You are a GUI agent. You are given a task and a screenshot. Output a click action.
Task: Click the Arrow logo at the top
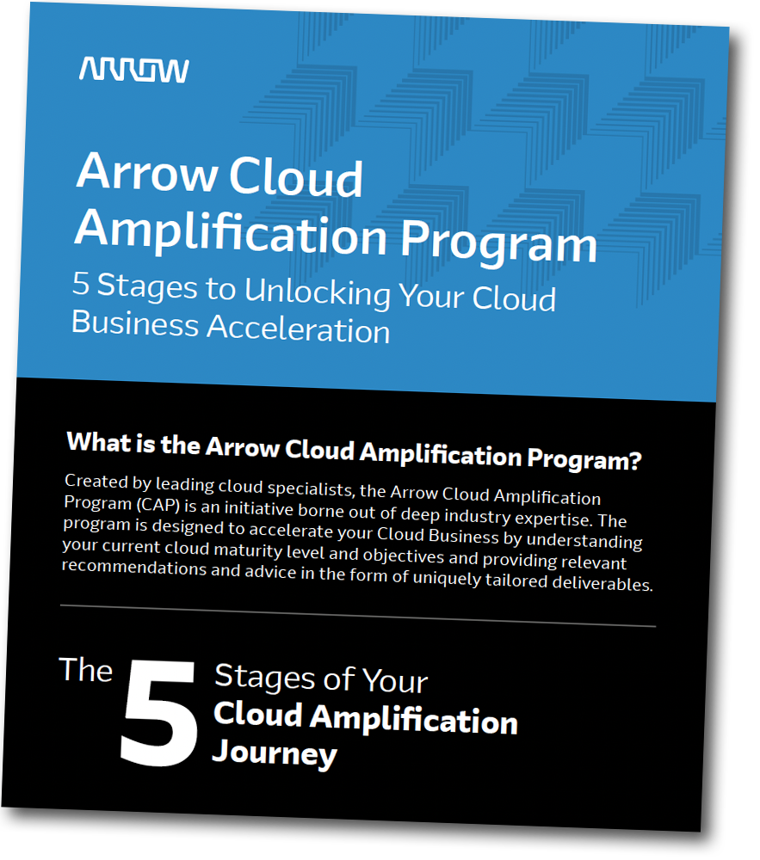pos(134,71)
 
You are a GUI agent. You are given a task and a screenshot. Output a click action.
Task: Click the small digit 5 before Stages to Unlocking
pos(81,283)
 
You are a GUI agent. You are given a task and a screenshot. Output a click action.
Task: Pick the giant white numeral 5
pos(159,712)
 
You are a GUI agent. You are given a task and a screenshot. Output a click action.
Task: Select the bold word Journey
pos(275,753)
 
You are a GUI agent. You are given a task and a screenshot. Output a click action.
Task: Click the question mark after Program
pos(635,461)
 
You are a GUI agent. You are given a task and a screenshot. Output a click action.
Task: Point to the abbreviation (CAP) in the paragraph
pos(158,505)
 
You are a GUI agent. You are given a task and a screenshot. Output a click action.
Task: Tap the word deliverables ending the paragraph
pos(602,583)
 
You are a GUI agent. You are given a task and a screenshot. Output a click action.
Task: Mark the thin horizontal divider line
pos(358,616)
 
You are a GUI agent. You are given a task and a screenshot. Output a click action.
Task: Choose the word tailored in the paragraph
pos(516,580)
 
